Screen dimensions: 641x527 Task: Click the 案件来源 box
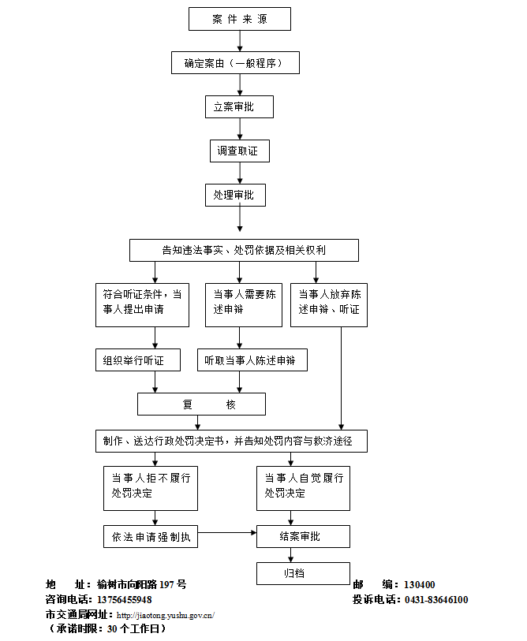click(x=240, y=19)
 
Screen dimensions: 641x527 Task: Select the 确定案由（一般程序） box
click(x=235, y=62)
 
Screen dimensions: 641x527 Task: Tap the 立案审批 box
click(x=239, y=106)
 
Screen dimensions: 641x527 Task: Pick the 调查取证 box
click(x=239, y=151)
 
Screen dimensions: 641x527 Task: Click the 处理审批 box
click(x=235, y=195)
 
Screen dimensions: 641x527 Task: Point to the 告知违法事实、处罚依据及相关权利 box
click(x=244, y=250)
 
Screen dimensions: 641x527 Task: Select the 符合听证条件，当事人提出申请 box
click(x=142, y=304)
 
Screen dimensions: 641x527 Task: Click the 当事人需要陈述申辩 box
click(x=244, y=304)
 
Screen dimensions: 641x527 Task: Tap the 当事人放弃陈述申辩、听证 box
click(x=329, y=304)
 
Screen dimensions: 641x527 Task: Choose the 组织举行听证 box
click(x=142, y=360)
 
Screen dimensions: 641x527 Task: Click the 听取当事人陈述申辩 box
click(x=252, y=360)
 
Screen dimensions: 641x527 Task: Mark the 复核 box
click(x=201, y=404)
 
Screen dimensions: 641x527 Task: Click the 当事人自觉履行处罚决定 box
click(x=304, y=488)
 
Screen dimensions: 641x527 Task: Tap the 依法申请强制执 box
click(x=150, y=537)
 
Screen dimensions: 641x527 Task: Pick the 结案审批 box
click(x=302, y=537)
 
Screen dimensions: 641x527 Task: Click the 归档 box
click(x=302, y=573)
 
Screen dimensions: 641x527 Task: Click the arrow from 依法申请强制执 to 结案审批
click(x=226, y=533)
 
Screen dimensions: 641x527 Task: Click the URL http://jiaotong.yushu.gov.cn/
click(x=165, y=615)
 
